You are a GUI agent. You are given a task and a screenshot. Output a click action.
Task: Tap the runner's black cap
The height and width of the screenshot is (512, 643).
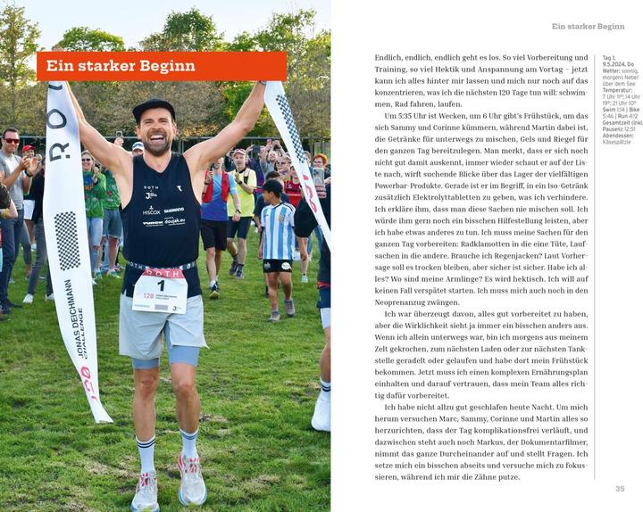click(x=154, y=108)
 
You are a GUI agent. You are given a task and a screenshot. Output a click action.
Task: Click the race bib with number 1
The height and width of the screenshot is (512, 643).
click(x=160, y=291)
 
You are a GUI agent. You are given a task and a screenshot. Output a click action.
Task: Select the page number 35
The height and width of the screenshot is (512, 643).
click(x=620, y=488)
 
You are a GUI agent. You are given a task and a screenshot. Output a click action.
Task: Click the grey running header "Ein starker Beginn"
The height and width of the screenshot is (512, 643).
click(x=588, y=27)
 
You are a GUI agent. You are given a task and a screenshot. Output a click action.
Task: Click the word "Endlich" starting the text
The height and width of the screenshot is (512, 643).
click(x=388, y=57)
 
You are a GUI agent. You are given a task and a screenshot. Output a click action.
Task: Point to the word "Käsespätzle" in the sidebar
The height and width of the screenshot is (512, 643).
click(x=617, y=142)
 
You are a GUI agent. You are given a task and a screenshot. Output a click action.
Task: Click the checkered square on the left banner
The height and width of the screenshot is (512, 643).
click(x=67, y=240)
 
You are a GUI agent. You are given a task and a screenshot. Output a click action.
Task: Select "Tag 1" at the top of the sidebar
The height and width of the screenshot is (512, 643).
click(x=608, y=58)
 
